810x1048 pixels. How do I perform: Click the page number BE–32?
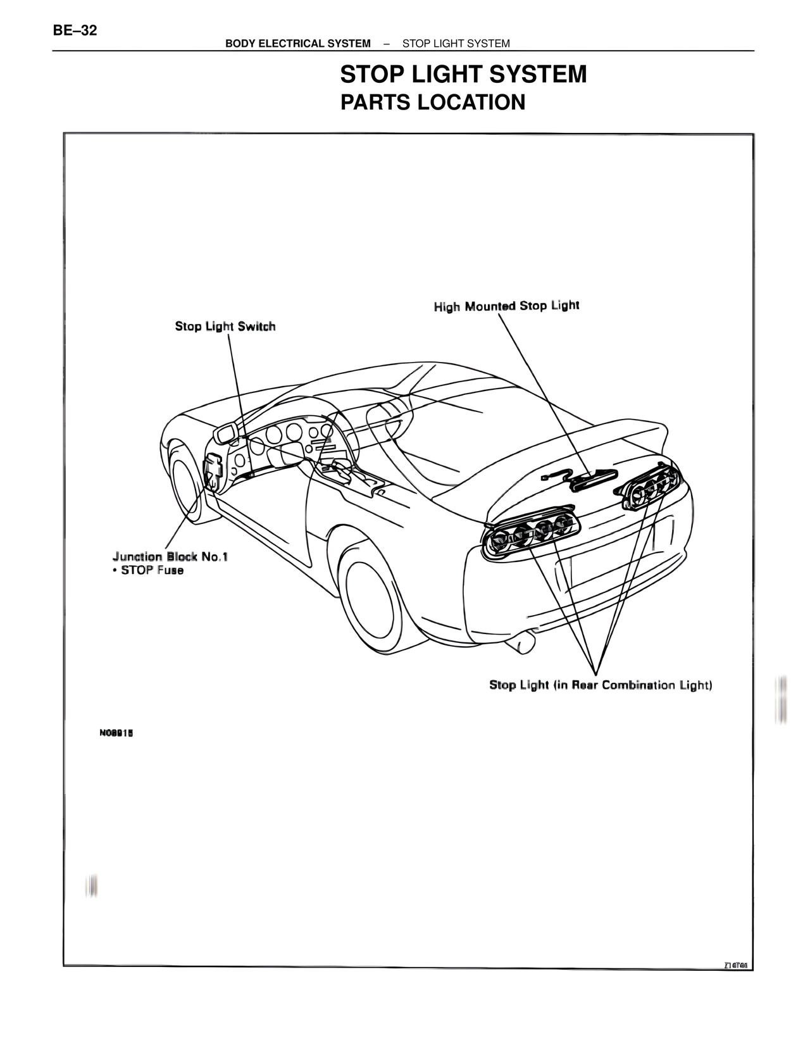tap(75, 30)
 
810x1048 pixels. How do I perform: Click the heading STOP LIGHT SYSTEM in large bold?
tap(463, 75)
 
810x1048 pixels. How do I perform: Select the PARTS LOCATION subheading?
tap(433, 102)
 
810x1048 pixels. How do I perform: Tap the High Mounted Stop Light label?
tap(506, 306)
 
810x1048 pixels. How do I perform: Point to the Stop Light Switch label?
tap(225, 327)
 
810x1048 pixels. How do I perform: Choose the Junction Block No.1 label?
tap(170, 557)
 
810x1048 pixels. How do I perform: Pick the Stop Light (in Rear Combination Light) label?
tap(601, 685)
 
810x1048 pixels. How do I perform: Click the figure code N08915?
tap(115, 733)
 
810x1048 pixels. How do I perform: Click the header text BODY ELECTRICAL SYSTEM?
tap(298, 44)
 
